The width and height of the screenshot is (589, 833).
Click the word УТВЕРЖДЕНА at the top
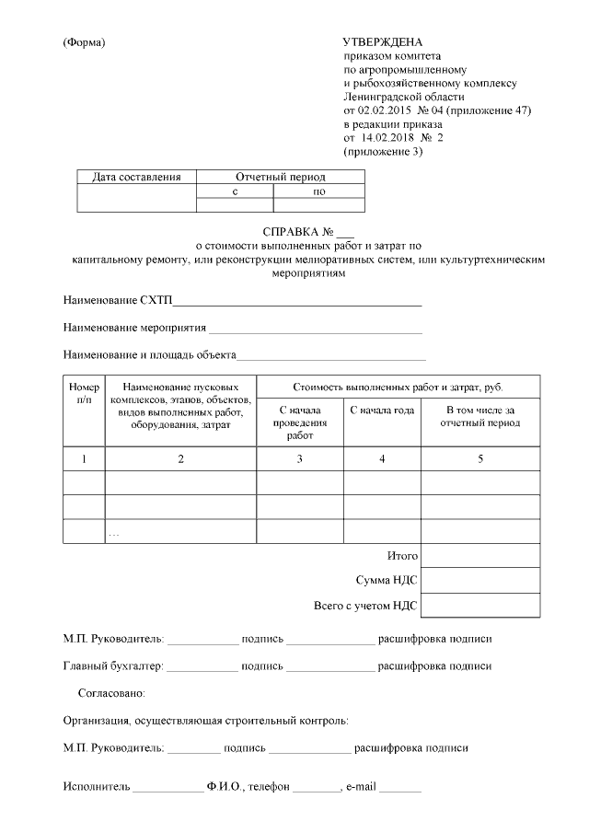coord(382,42)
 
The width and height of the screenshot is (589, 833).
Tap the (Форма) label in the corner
coord(84,43)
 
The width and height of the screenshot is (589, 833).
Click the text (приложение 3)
coord(382,151)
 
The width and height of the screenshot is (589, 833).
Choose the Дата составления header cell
coord(136,177)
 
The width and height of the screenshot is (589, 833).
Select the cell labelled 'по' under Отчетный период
coord(319,191)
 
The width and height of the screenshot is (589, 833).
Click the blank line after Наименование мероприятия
coord(315,329)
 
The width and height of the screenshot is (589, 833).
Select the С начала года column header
coord(382,411)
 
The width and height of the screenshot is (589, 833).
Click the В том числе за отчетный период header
coord(479,416)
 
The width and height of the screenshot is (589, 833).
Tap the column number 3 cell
coord(299,458)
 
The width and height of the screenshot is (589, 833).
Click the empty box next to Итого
coord(479,556)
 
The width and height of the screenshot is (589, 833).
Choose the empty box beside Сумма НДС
coord(479,581)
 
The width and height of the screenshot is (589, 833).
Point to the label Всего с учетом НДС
coord(365,606)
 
